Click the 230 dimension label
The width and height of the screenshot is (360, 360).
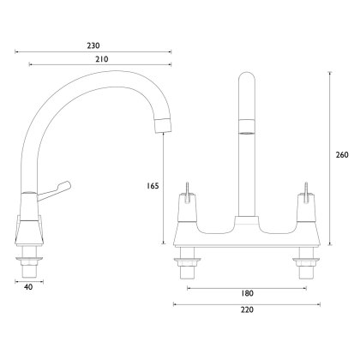tap(93, 45)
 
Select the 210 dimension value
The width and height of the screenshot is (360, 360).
tap(102, 59)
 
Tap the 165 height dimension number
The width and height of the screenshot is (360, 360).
tap(153, 186)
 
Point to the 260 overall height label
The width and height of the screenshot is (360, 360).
tap(342, 155)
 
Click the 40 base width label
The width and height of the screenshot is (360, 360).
tap(28, 287)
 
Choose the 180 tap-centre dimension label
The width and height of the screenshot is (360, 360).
tap(247, 293)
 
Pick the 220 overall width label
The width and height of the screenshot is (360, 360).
tap(247, 309)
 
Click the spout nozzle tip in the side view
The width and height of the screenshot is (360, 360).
tap(164, 125)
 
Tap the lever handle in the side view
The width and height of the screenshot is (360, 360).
tap(54, 190)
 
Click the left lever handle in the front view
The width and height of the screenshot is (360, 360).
tap(187, 193)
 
